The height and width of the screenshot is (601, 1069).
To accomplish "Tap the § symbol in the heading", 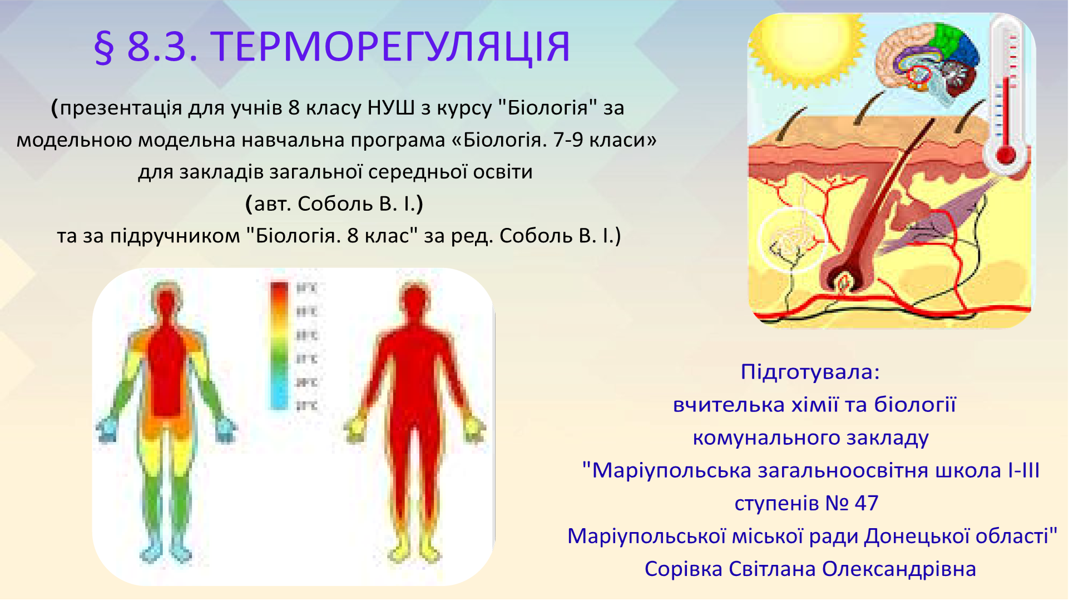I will [104, 48].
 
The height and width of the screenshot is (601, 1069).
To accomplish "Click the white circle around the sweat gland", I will [791, 239].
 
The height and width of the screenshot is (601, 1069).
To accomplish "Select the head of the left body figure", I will [166, 303].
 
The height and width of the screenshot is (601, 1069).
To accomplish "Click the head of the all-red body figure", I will [414, 303].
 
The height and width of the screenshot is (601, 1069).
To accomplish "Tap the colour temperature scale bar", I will [280, 345].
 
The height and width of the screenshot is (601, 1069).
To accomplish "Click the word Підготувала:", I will [810, 372].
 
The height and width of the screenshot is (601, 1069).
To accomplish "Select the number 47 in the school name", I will [867, 503].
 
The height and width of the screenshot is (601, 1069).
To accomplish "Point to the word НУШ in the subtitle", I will [391, 107].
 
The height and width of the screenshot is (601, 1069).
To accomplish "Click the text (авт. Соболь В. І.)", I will [334, 203].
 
